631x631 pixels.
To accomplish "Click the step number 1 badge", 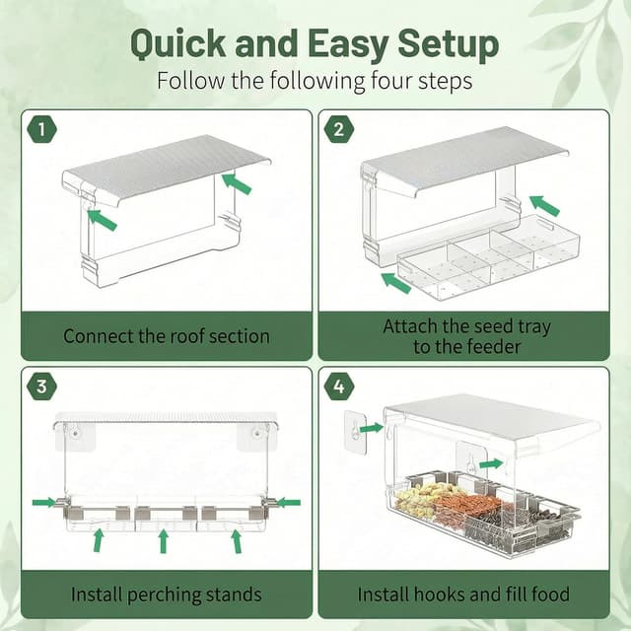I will point(41,128).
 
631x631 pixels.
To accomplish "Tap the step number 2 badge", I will point(338,128).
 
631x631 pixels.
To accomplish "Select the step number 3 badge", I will point(41,386).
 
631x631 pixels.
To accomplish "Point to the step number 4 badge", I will point(338,386).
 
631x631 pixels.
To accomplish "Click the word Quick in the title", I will point(186,44).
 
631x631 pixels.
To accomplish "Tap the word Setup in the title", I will point(445,44).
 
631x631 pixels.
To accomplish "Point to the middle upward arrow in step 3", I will point(164,540).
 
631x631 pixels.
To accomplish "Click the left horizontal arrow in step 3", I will point(43,503).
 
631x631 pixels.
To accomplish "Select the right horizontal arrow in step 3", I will point(287,503).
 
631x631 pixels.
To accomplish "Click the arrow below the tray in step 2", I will point(395,282).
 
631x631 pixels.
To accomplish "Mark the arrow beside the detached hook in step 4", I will point(371,428).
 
